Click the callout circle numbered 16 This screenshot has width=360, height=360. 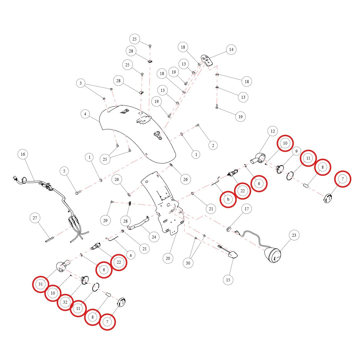[23, 154]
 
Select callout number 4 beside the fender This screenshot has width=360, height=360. [85, 114]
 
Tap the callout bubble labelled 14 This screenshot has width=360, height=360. [231, 49]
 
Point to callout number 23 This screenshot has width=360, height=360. [294, 235]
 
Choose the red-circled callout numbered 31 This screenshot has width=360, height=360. [40, 284]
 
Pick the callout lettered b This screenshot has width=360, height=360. [228, 199]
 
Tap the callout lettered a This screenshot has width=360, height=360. [130, 255]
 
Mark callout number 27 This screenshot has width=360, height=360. [35, 218]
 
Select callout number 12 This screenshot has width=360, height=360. [273, 131]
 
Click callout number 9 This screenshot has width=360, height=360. [296, 151]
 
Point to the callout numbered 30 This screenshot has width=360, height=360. [188, 263]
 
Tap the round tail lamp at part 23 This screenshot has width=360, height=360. [273, 255]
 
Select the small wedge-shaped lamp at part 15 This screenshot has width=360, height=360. [233, 254]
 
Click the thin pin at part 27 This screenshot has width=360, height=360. [50, 240]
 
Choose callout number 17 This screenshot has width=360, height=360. [247, 209]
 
